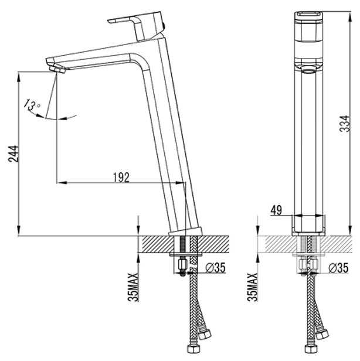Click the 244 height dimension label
tap(13, 154)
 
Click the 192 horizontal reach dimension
tap(121, 177)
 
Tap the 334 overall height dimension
tap(345, 124)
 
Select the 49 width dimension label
tap(276, 210)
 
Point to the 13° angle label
tap(32, 105)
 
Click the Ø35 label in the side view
tap(216, 267)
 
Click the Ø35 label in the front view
tap(338, 268)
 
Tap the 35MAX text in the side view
tap(133, 287)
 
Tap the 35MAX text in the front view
tap(253, 287)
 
